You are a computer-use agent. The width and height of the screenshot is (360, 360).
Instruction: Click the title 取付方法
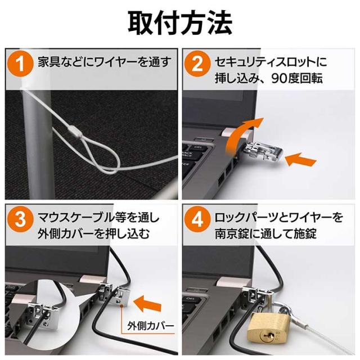[180, 23]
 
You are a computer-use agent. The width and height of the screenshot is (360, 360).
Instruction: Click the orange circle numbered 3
[21, 219]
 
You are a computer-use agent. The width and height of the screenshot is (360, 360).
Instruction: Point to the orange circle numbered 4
[197, 219]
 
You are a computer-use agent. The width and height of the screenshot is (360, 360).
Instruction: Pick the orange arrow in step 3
[147, 304]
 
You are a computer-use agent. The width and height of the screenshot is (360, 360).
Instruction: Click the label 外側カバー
[150, 326]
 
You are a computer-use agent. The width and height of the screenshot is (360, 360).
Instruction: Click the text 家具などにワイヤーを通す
[105, 62]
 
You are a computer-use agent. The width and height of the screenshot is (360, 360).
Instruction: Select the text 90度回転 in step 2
[297, 79]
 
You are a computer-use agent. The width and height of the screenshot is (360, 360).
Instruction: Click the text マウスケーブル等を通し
[98, 218]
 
